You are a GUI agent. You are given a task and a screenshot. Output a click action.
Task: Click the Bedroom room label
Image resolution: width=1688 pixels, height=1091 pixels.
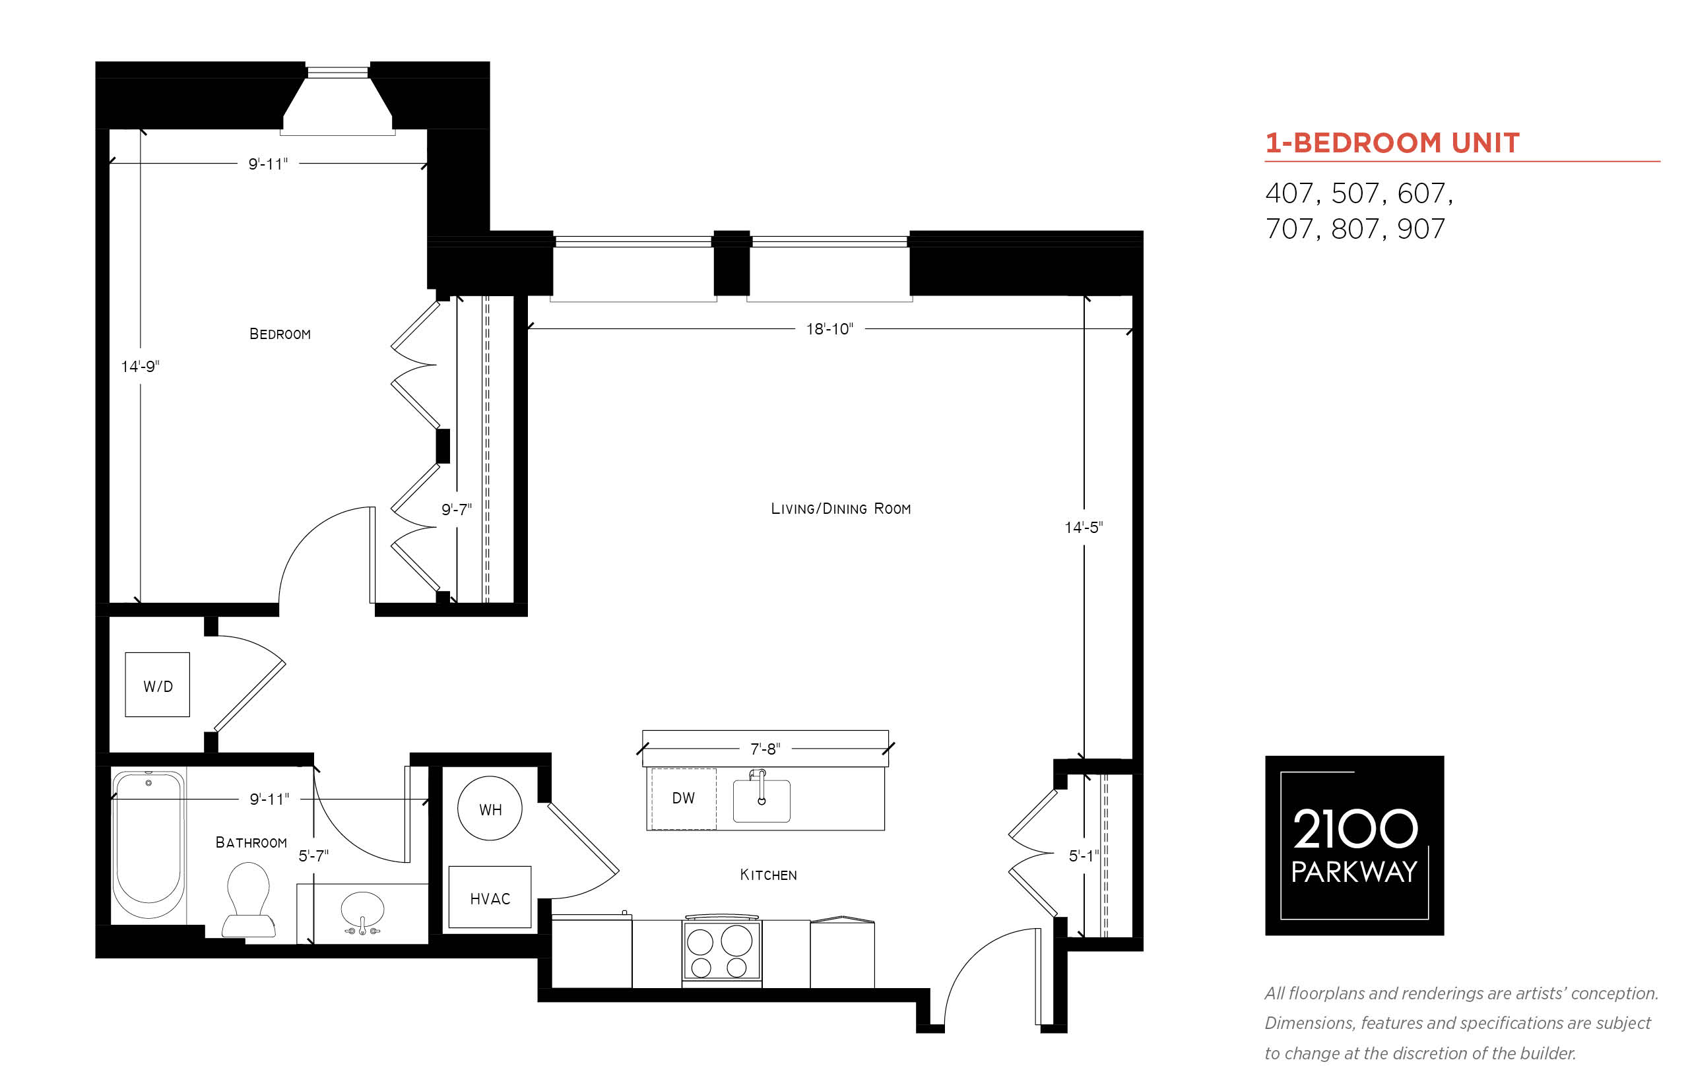280,334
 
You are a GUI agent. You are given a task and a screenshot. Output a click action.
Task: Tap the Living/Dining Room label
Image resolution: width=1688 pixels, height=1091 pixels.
841,509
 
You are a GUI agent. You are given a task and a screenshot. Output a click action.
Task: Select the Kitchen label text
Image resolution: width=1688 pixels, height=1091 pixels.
768,875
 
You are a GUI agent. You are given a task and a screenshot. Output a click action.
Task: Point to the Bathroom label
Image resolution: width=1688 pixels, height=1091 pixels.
251,842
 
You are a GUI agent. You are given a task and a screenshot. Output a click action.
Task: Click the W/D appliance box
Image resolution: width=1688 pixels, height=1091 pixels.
157,685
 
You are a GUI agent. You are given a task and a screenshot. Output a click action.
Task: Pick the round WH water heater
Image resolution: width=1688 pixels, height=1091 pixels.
490,808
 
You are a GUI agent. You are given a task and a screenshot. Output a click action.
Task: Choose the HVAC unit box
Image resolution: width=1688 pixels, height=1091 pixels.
490,898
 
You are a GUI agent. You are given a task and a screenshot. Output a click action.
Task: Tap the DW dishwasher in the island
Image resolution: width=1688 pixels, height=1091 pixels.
683,798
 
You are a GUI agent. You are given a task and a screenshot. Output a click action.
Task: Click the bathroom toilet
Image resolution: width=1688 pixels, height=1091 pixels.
248,900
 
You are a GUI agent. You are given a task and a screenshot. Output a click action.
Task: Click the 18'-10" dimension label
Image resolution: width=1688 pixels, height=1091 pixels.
829,328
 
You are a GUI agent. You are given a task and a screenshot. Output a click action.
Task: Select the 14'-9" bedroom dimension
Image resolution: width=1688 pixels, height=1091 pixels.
141,367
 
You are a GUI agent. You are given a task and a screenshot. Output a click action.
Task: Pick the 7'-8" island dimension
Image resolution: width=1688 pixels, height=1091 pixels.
765,749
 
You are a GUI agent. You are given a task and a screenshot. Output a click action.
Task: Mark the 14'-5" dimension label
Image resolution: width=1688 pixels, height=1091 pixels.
1084,528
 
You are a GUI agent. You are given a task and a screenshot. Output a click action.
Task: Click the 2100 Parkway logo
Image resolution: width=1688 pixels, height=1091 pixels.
1354,845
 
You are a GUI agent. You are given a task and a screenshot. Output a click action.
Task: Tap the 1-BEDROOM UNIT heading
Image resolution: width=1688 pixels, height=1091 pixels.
1392,143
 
